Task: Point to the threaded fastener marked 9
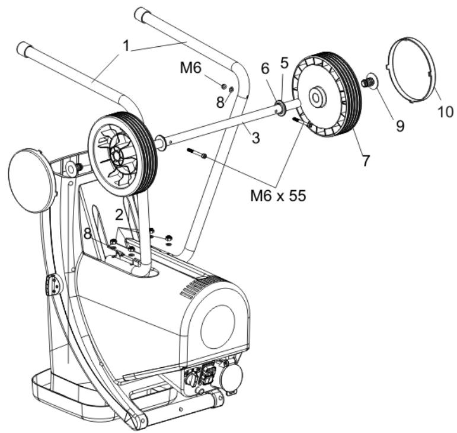click(x=368, y=82)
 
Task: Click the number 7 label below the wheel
click(x=366, y=159)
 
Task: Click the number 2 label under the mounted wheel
click(x=119, y=214)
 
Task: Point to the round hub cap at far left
click(x=31, y=180)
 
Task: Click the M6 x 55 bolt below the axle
click(x=197, y=153)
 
